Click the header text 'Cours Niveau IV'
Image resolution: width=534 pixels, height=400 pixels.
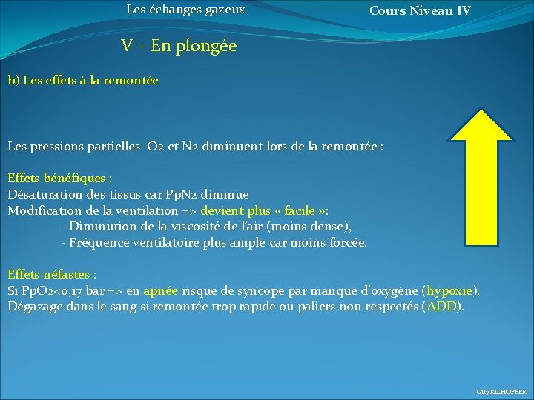(420, 10)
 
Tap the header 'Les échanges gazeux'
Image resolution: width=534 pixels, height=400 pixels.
(185, 10)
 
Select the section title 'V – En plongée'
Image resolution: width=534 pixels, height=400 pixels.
(179, 46)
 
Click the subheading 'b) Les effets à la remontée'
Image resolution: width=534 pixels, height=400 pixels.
(83, 80)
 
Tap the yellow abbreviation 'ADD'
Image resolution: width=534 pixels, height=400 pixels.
(442, 306)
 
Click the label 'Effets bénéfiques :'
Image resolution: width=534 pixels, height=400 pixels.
(60, 179)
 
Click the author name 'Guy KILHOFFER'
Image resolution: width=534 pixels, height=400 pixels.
(501, 391)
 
